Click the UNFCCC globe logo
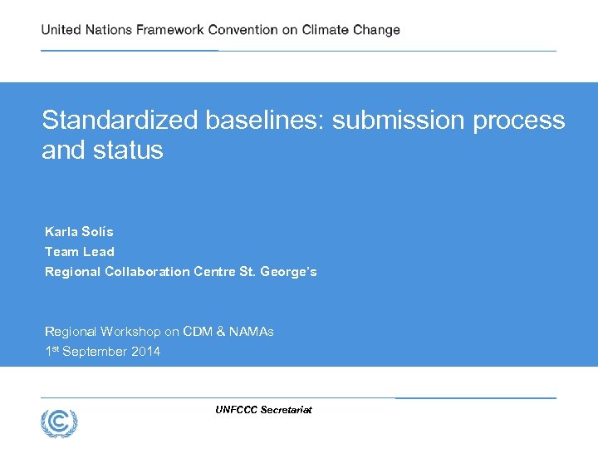[59, 423]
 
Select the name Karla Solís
[79, 231]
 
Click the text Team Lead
[80, 251]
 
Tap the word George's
[288, 272]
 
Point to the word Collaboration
[148, 272]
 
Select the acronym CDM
[198, 332]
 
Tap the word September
[93, 352]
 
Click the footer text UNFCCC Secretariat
[263, 410]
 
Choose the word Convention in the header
[243, 30]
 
